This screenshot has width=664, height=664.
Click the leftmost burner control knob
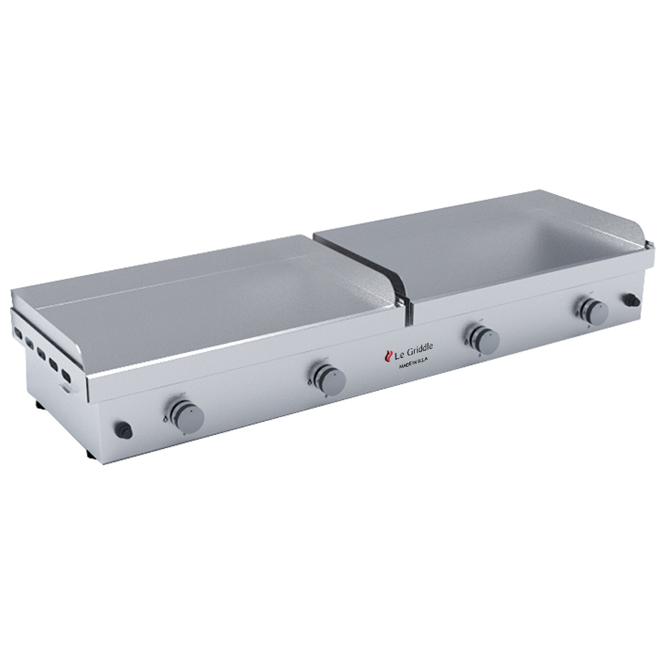[x=188, y=417]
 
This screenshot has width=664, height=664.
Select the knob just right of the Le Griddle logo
[x=484, y=340]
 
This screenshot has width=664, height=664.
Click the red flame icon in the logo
[x=389, y=355]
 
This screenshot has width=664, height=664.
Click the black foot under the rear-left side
[x=41, y=406]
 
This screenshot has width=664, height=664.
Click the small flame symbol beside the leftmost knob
[x=165, y=419]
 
